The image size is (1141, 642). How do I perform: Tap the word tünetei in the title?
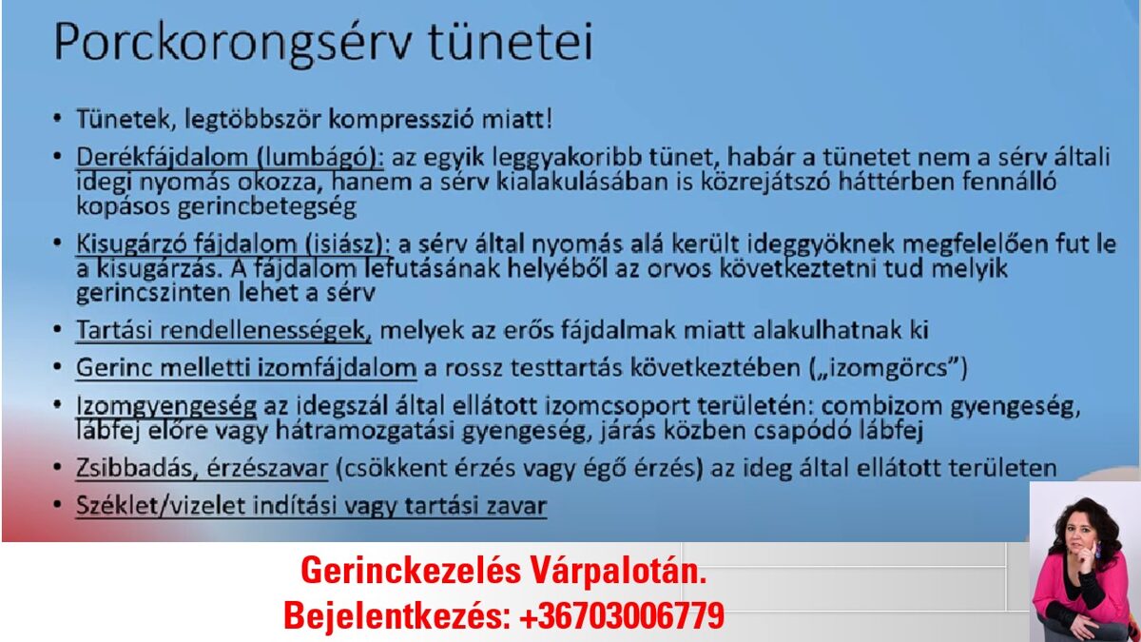point(511,41)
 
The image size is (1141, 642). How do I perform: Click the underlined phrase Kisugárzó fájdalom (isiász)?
point(233,244)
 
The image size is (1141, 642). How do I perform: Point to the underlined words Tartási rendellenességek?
point(223,330)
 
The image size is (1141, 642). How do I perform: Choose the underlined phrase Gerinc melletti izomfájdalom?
point(246,368)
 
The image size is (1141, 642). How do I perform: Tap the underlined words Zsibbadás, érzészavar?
point(203,468)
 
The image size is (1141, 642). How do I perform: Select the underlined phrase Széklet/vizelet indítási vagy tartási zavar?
point(311,506)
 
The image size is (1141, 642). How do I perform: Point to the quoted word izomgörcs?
point(895,368)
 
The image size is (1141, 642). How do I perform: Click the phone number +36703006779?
point(622,615)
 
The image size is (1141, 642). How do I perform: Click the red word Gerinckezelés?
point(411,571)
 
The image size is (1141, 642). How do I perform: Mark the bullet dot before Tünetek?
point(57,119)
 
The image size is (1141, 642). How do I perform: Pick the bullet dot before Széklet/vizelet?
point(57,505)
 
